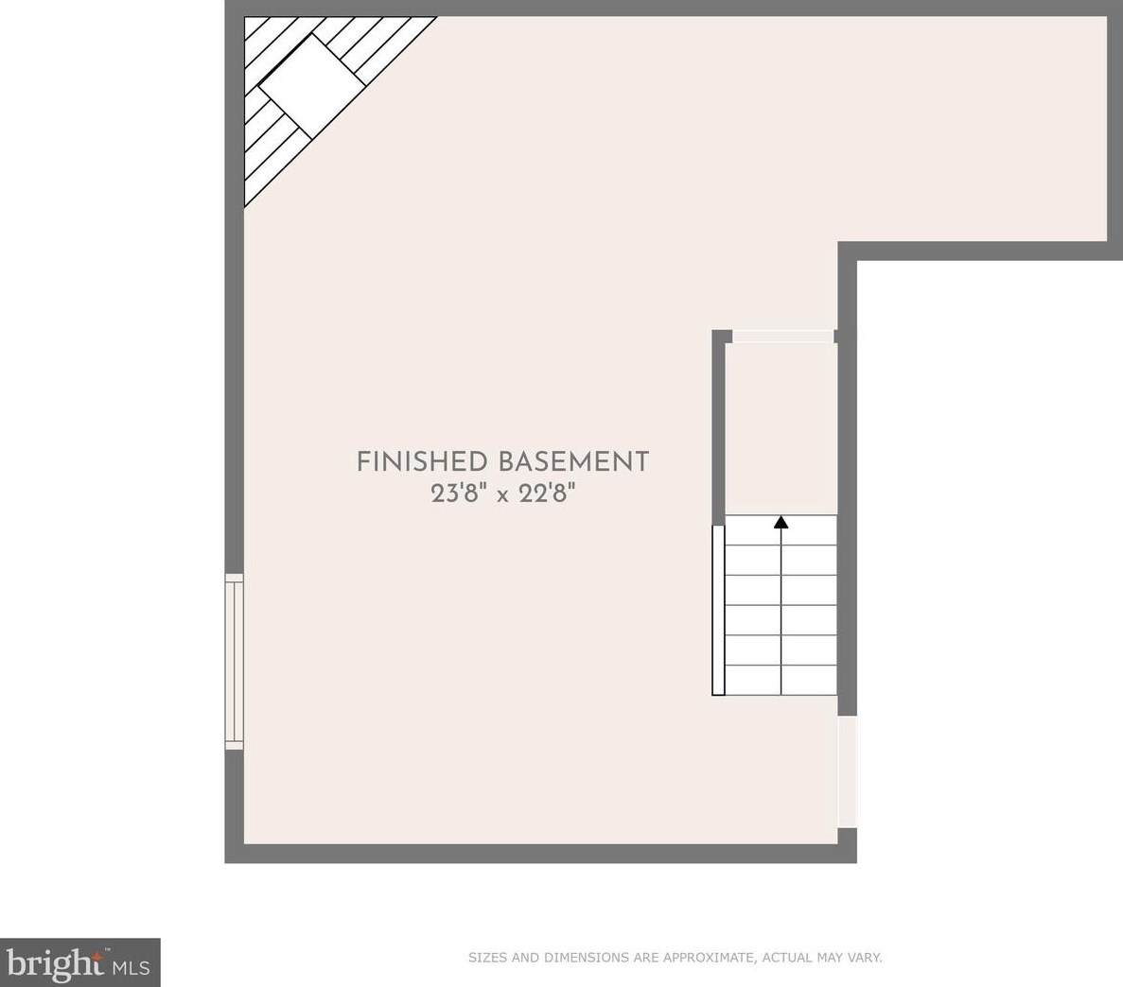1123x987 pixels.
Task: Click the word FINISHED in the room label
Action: click(x=422, y=461)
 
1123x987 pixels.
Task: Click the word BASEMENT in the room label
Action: click(x=573, y=461)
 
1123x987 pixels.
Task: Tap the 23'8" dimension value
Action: click(x=459, y=493)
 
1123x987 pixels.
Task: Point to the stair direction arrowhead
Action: click(x=781, y=522)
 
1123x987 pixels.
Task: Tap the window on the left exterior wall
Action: click(x=234, y=662)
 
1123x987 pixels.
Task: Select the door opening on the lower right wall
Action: click(x=847, y=771)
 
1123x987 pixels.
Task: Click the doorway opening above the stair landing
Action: click(x=783, y=337)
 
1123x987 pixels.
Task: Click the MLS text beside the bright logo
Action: click(x=132, y=967)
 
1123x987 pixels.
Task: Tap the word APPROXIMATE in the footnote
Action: click(x=708, y=958)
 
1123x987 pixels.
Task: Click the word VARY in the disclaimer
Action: click(x=863, y=958)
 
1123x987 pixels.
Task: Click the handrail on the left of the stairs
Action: click(x=718, y=610)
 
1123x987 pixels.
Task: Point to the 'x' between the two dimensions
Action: click(x=503, y=494)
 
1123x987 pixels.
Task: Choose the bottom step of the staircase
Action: click(x=781, y=680)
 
